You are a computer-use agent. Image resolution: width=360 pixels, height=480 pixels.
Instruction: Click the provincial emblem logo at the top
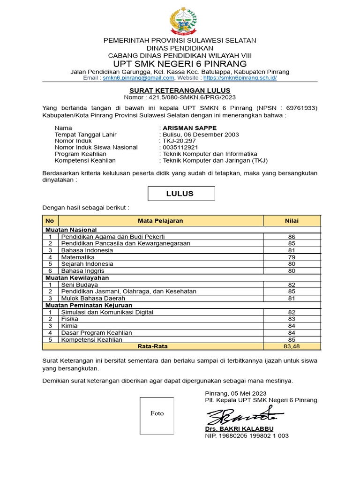click(x=183, y=21)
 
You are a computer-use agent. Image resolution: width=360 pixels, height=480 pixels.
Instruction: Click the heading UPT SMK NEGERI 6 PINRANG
click(x=180, y=63)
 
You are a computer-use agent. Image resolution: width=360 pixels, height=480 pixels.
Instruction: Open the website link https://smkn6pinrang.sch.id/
click(x=240, y=78)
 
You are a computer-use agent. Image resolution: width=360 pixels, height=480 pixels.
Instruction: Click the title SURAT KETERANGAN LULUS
click(x=180, y=90)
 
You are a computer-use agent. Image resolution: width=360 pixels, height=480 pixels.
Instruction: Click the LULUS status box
click(x=181, y=194)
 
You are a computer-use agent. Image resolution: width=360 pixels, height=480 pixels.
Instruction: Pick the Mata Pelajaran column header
click(x=160, y=221)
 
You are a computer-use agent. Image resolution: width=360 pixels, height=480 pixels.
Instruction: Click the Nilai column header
click(x=292, y=221)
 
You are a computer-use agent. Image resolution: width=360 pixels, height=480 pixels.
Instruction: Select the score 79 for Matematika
click(x=292, y=257)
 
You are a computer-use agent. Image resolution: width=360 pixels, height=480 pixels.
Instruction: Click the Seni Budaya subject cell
click(x=80, y=285)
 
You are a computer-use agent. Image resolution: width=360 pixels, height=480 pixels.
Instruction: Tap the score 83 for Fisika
click(x=292, y=319)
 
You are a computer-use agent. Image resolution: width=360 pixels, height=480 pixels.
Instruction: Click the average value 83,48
click(x=292, y=346)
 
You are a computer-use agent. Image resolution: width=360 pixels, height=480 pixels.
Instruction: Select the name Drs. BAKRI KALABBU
click(x=239, y=429)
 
